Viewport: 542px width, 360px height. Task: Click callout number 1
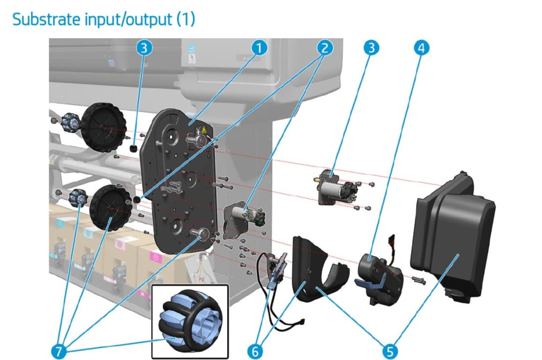(x=259, y=47)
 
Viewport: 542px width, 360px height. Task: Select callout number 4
(x=421, y=47)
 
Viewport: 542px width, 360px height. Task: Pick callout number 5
(x=390, y=350)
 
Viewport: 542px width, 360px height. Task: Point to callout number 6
(x=256, y=350)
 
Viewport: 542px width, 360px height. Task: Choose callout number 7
(x=58, y=350)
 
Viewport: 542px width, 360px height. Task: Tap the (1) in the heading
(x=185, y=19)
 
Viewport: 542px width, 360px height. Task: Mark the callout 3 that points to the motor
(x=371, y=47)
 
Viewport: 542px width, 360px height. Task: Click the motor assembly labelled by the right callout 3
(x=337, y=188)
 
